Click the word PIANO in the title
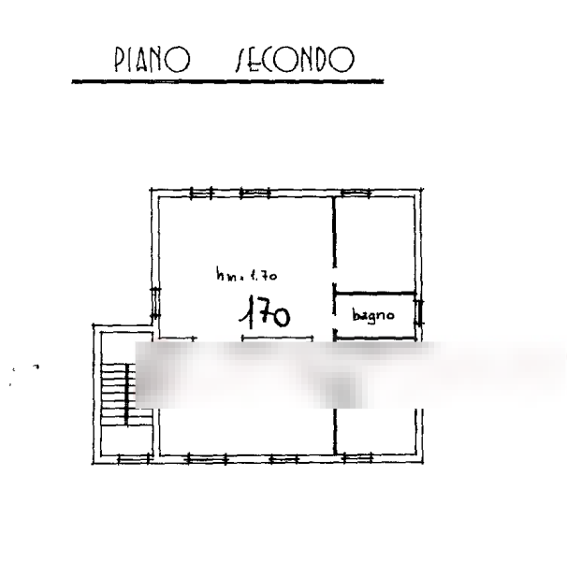152,61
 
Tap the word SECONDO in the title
293,61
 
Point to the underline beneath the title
227,81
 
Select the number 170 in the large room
265,313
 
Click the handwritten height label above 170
246,276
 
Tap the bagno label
373,316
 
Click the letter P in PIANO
119,61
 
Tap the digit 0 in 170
280,315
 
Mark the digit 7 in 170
262,313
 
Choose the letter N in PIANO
165,61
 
